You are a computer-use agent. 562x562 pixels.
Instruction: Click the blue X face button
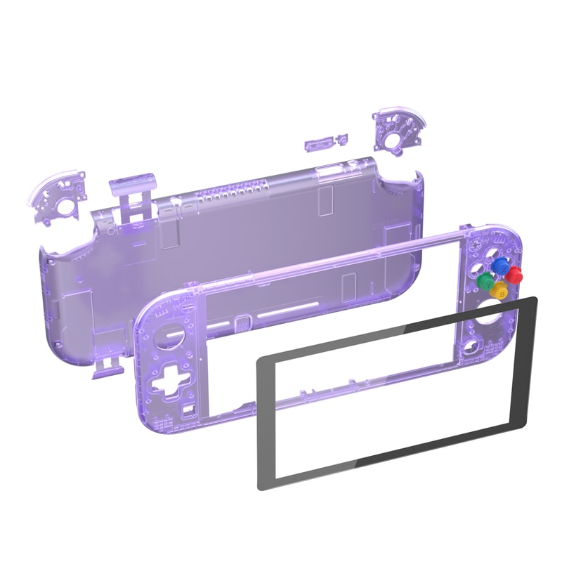click(499, 265)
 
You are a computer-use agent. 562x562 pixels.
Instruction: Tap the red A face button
click(515, 273)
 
